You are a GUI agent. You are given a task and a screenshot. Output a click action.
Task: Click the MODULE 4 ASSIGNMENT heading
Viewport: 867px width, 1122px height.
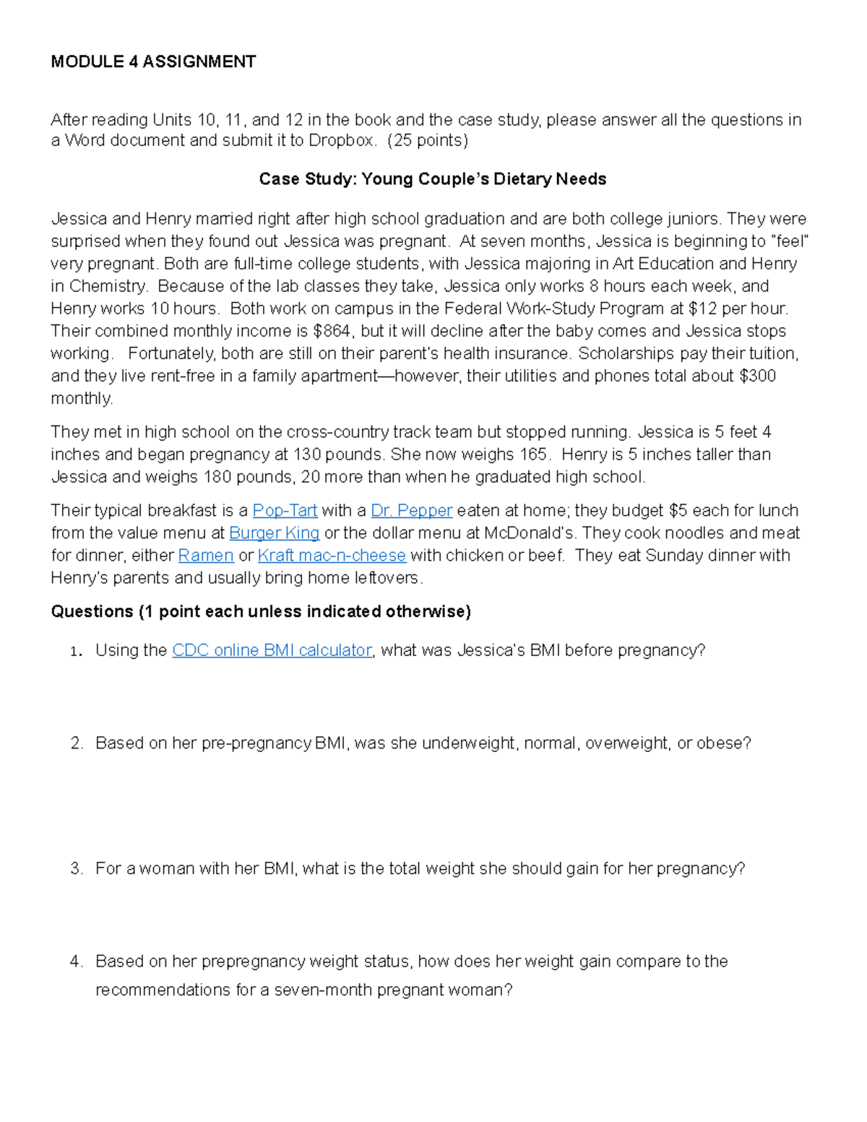click(153, 62)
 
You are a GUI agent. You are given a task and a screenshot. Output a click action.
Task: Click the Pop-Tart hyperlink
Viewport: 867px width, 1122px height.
click(285, 511)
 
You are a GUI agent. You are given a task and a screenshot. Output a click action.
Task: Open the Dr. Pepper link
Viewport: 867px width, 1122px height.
click(411, 511)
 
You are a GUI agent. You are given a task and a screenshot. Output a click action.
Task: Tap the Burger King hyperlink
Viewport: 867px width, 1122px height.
click(274, 533)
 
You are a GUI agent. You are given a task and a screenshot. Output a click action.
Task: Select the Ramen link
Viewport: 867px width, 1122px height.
click(206, 556)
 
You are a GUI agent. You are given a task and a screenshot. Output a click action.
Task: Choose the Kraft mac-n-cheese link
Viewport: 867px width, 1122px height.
click(332, 556)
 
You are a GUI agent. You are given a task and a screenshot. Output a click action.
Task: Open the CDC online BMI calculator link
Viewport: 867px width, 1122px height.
click(272, 650)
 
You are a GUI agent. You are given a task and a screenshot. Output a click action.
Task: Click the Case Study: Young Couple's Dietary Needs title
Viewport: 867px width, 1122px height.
click(432, 179)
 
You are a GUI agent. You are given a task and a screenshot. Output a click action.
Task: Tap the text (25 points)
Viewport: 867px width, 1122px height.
click(428, 140)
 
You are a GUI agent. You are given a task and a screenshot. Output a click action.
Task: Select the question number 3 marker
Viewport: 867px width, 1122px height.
click(77, 868)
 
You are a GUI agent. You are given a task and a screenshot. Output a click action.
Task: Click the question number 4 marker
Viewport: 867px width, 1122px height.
click(77, 962)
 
